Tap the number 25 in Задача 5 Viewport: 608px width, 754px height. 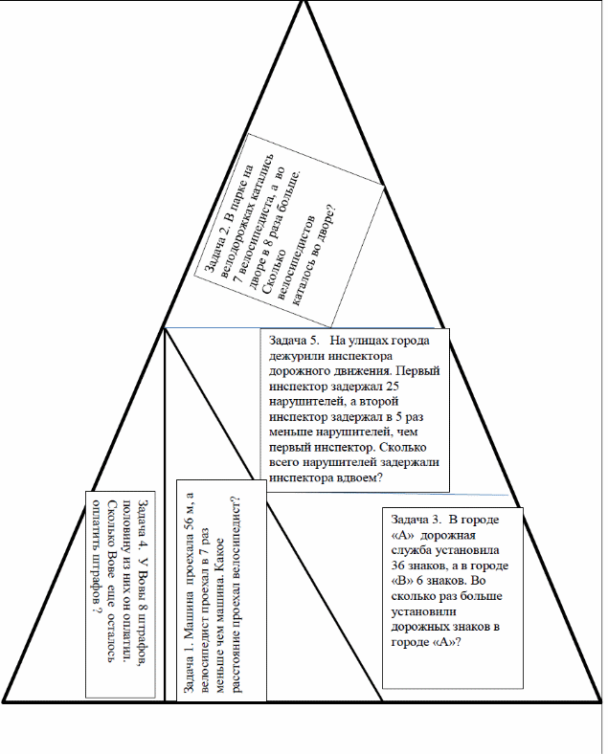[393, 387]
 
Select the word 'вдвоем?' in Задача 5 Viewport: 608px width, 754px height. [360, 478]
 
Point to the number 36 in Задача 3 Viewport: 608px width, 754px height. [397, 565]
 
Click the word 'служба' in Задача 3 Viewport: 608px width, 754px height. [412, 550]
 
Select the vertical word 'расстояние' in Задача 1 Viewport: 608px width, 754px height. [236, 663]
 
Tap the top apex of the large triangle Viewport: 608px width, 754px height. [304, 2]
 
